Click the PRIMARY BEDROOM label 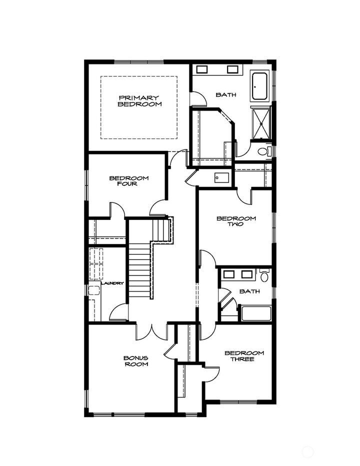point(139,101)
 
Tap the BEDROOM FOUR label point(129,180)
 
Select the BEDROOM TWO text point(236,221)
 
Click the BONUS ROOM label point(136,361)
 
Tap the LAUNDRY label point(112,283)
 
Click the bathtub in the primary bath point(259,86)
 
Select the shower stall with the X point(261,122)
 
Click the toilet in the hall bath point(264,275)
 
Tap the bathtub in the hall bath point(255,313)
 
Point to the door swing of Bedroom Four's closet point(116,210)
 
